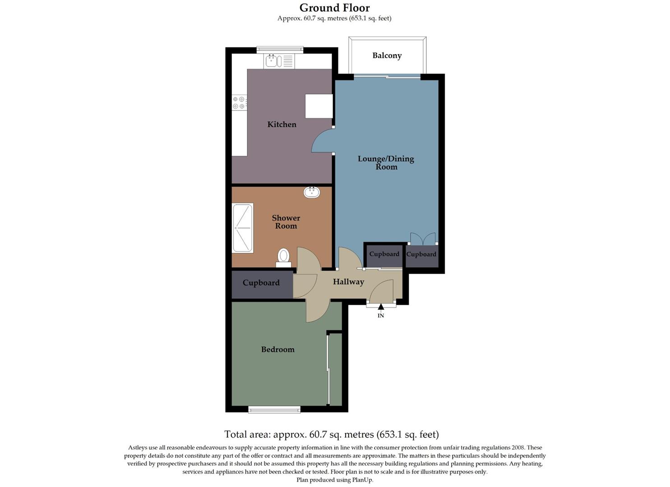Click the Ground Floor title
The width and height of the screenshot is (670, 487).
(x=334, y=8)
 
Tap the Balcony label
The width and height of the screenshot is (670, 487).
(x=387, y=55)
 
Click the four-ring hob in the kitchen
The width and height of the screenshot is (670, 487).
(x=239, y=102)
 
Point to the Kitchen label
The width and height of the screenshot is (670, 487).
(x=282, y=124)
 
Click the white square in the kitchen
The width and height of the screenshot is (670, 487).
(x=319, y=106)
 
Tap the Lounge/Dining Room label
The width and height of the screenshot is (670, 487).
(x=386, y=162)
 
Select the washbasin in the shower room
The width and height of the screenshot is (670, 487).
(x=311, y=193)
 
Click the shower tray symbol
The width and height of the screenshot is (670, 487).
(x=243, y=228)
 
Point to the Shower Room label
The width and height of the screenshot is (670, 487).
(x=286, y=222)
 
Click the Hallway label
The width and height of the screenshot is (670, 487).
(x=348, y=282)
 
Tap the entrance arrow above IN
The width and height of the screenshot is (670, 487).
(x=381, y=307)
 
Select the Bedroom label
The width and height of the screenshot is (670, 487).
(x=277, y=349)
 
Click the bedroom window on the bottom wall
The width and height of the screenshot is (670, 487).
(x=274, y=409)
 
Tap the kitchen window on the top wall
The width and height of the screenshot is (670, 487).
(x=280, y=50)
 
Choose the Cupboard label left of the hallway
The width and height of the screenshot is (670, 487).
(x=261, y=283)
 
